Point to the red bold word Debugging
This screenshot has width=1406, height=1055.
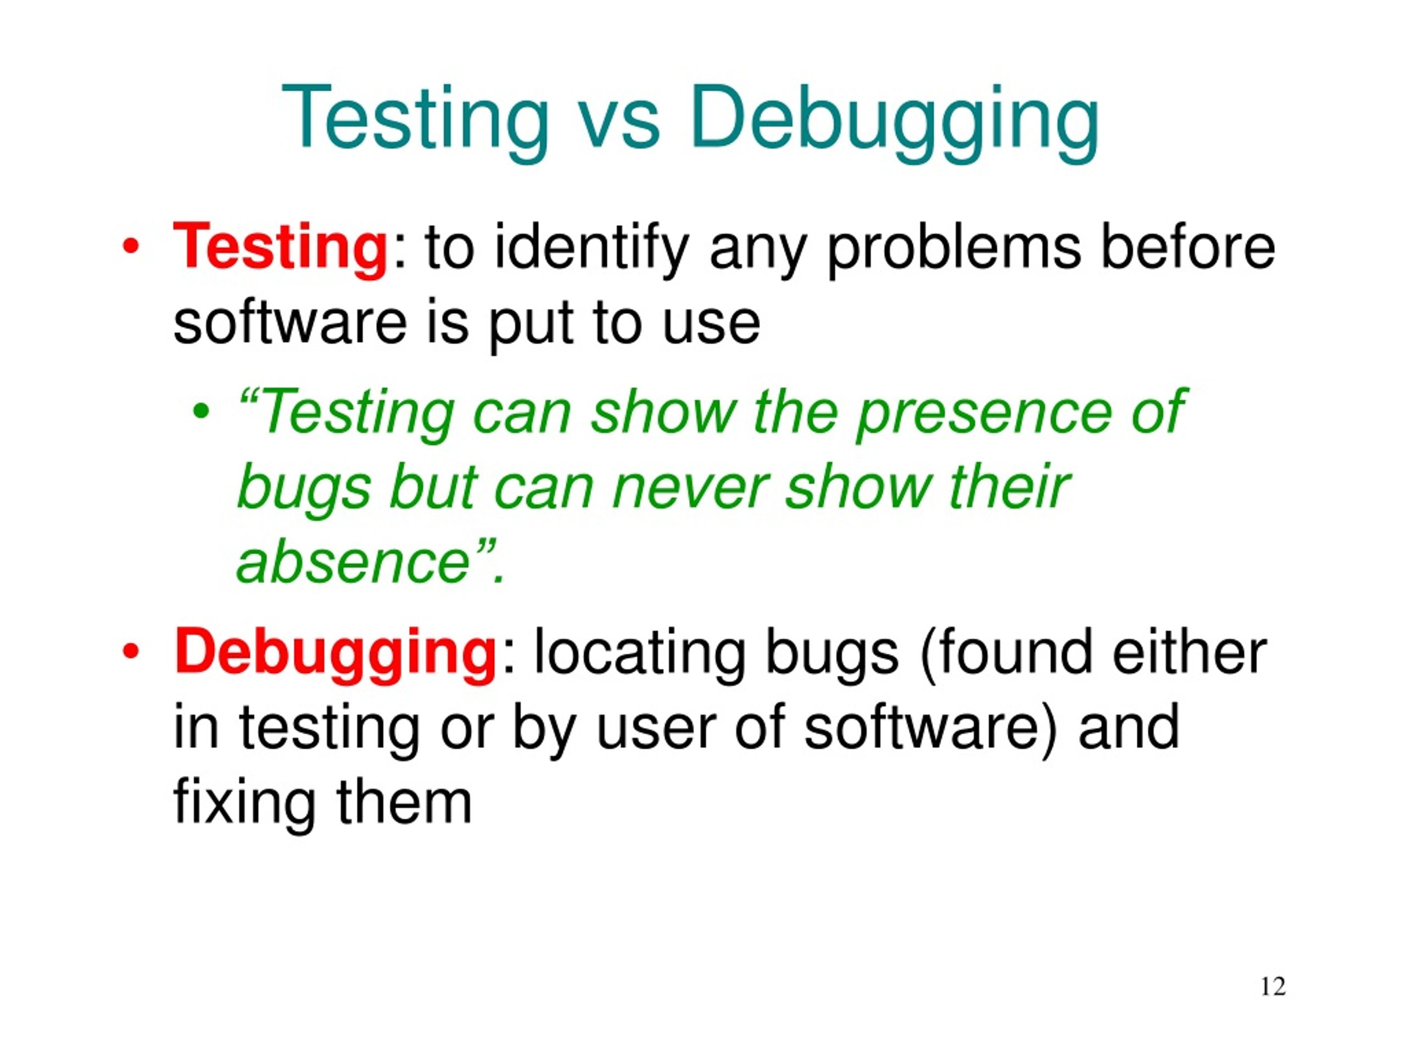tap(334, 651)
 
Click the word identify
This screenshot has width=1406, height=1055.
tap(591, 248)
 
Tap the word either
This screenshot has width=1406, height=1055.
tap(1189, 651)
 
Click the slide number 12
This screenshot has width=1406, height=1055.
tap(1273, 986)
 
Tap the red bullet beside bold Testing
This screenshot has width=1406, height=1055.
tap(130, 246)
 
